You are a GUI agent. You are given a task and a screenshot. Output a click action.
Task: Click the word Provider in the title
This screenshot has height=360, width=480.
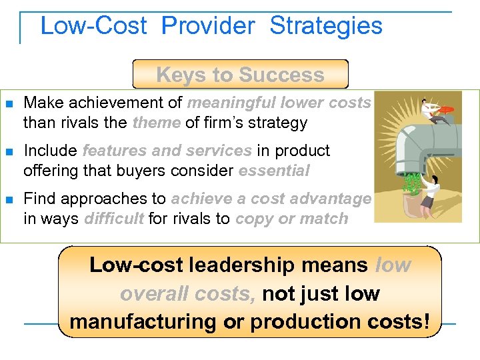click(x=208, y=26)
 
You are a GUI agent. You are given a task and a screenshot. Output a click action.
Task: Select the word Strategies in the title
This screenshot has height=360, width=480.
click(x=326, y=26)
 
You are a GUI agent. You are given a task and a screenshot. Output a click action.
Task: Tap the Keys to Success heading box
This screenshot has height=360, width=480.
click(x=240, y=75)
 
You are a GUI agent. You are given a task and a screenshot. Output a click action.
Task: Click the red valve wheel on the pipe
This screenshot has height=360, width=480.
click(x=447, y=109)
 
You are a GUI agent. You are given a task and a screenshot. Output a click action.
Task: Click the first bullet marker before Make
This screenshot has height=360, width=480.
click(x=9, y=104)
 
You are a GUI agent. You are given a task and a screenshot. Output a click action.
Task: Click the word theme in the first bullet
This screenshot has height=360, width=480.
click(x=157, y=123)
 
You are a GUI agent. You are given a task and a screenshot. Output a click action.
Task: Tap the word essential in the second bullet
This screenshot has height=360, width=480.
click(x=274, y=171)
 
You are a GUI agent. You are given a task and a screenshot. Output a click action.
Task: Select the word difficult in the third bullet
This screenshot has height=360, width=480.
click(x=114, y=219)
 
